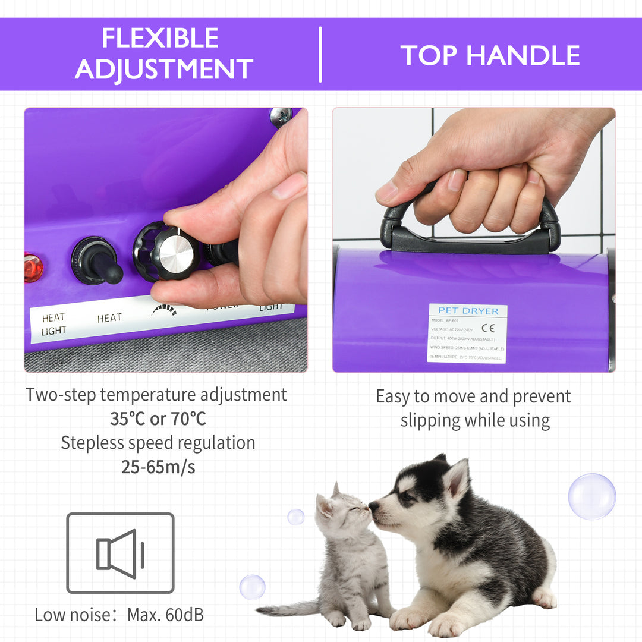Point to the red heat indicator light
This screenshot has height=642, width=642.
pyautogui.click(x=33, y=267)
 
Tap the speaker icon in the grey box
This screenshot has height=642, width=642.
pyautogui.click(x=120, y=553)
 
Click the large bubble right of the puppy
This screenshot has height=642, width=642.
pyautogui.click(x=591, y=496)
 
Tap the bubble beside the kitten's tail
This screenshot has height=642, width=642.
pyautogui.click(x=252, y=587)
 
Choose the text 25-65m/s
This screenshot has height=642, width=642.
pyautogui.click(x=158, y=467)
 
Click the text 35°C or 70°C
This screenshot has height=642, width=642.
pyautogui.click(x=158, y=419)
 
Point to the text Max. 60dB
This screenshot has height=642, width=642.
pyautogui.click(x=165, y=615)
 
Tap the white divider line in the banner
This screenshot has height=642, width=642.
pyautogui.click(x=320, y=54)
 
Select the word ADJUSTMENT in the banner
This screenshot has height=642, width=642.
pyautogui.click(x=164, y=70)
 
